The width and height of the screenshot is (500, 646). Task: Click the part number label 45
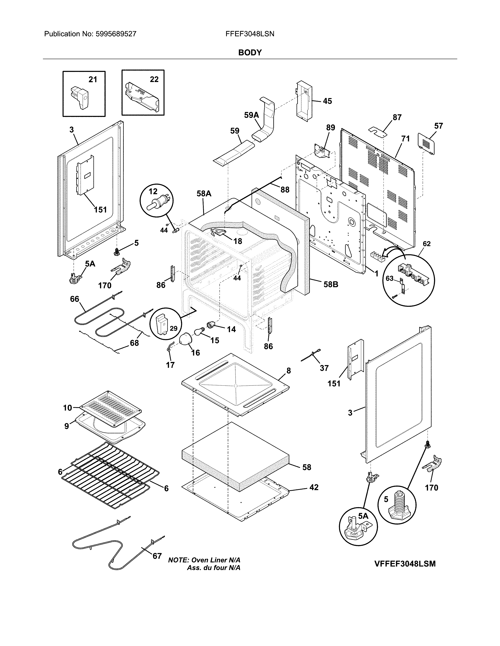tap(327, 101)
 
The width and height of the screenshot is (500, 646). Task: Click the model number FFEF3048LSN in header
tap(250, 34)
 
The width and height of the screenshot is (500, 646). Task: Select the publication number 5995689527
tap(116, 34)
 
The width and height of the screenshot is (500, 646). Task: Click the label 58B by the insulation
tap(331, 285)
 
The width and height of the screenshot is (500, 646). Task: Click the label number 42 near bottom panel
tap(314, 487)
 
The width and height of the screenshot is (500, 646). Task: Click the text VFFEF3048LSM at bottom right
tap(405, 564)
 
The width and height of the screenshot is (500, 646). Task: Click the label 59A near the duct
tap(251, 115)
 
